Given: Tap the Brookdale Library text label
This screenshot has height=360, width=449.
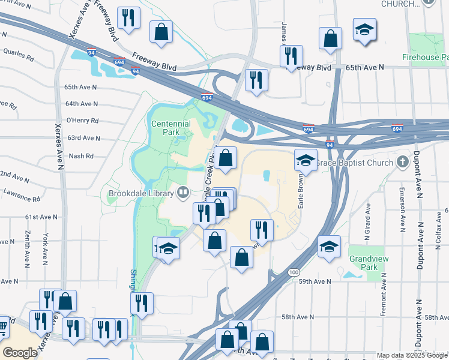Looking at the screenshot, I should click(x=142, y=193).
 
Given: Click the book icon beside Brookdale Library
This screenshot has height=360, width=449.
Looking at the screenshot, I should click(x=184, y=193).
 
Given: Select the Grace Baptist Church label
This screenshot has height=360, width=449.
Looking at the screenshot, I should click(x=356, y=163).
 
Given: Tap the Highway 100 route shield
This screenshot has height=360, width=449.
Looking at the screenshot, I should click(x=294, y=272).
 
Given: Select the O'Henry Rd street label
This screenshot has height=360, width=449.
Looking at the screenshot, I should click(x=82, y=120).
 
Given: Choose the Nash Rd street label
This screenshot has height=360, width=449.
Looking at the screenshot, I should click(x=82, y=156).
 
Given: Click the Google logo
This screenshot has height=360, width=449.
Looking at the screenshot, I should click(x=20, y=352).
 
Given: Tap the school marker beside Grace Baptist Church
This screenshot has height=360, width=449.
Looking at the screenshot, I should click(x=306, y=160).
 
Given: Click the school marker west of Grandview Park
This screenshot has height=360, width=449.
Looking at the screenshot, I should click(x=329, y=247).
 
